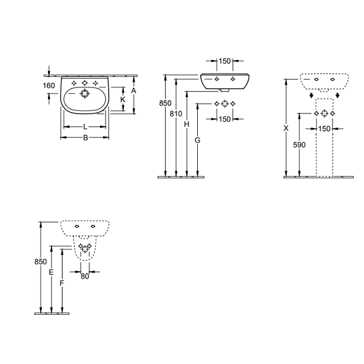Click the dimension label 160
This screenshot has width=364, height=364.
tap(49, 86)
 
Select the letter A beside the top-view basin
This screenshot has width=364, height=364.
tap(133, 91)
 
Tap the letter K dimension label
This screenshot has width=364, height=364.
tap(123, 99)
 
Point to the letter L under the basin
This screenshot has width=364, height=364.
tap(85, 127)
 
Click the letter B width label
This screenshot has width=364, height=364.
tap(86, 138)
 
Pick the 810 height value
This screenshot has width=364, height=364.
tap(176, 114)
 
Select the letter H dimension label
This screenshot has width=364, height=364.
tap(187, 124)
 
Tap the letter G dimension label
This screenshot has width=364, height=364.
tap(197, 140)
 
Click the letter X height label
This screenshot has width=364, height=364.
tap(286, 128)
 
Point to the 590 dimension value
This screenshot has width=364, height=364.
tap(299, 145)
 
